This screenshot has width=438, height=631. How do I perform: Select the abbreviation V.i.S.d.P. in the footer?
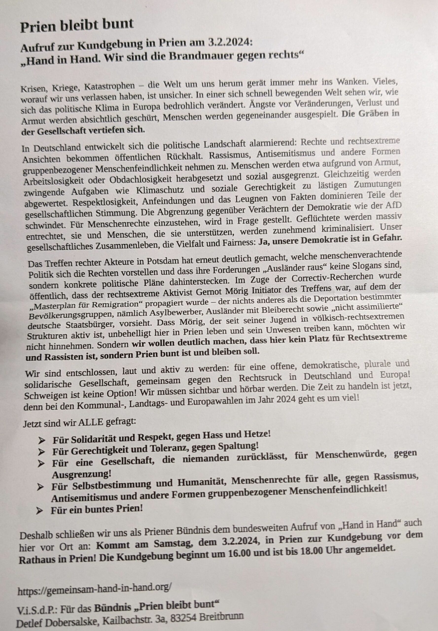37,603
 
